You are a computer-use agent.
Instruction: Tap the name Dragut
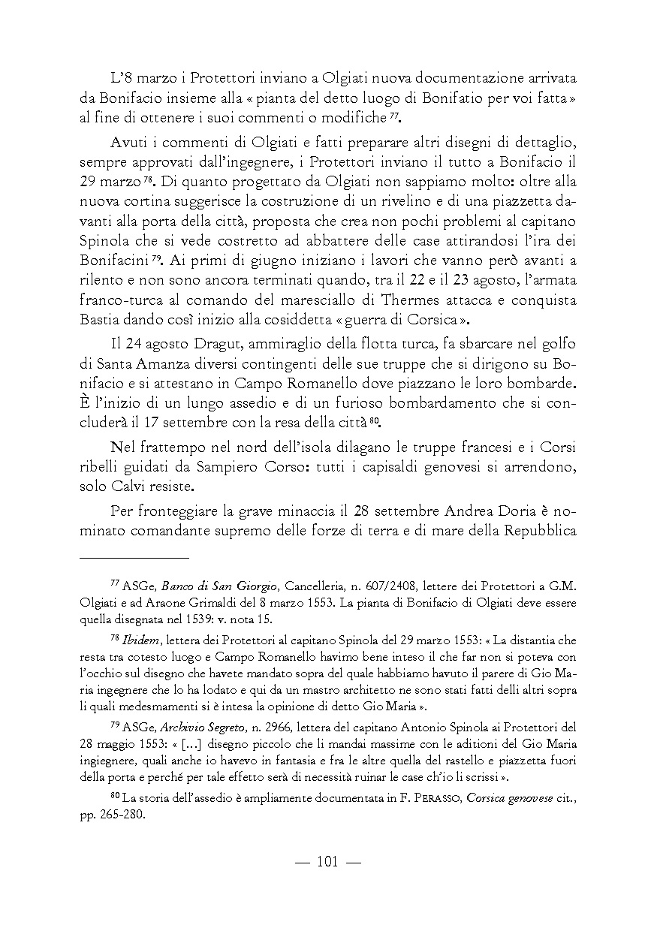[x=196, y=345]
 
